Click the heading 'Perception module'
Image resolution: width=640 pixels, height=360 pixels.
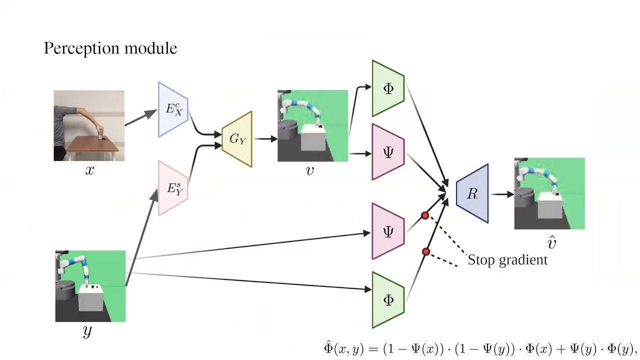110,48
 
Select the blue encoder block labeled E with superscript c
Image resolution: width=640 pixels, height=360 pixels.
173,109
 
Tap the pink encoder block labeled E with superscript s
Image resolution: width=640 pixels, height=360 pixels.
173,188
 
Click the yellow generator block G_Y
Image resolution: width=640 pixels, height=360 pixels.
237,139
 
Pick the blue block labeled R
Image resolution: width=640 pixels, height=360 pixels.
472,193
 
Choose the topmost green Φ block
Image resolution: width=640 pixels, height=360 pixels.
388,88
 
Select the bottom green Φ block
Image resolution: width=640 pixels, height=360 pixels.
388,300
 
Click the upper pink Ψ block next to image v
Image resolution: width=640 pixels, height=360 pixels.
388,152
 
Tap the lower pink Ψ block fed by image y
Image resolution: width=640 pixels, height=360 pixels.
388,231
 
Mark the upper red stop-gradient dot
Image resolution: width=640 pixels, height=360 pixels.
425,215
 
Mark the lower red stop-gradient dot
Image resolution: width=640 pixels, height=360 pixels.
426,251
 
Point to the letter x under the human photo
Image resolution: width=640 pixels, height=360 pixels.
89,170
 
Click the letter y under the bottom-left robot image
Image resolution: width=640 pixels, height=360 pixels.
87,331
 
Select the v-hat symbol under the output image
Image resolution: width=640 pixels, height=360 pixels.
551,243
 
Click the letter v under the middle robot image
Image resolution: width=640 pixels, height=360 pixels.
309,171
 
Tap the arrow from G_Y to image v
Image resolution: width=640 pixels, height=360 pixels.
265,139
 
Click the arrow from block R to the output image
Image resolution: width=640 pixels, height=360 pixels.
502,194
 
